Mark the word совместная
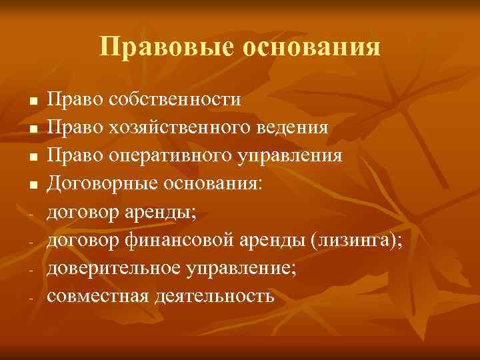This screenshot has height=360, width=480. pyautogui.click(x=97, y=295)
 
